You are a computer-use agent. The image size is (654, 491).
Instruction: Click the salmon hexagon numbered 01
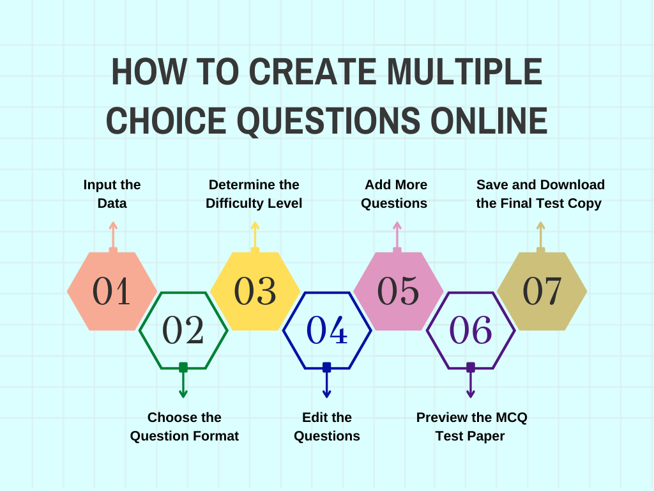pos(112,291)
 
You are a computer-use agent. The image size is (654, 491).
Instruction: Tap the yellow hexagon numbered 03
pos(255,291)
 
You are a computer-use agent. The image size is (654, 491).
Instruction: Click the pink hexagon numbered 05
pos(399,291)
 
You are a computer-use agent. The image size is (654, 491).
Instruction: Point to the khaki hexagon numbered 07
pos(542,291)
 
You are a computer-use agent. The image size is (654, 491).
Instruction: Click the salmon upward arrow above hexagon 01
pos(113,237)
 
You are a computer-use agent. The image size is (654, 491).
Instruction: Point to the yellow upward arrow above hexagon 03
pos(255,237)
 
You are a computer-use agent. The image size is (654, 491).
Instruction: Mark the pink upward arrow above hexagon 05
pos(397,237)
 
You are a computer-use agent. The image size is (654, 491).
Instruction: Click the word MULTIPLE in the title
pos(465,72)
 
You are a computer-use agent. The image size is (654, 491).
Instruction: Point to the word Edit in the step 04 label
pos(314,417)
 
